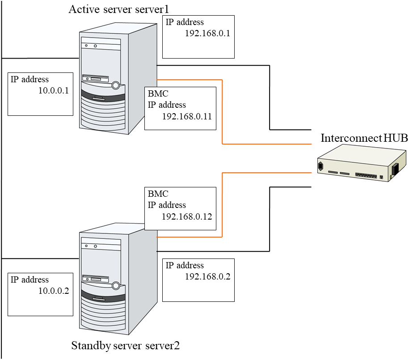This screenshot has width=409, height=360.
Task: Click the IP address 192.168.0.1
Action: pyautogui.click(x=207, y=34)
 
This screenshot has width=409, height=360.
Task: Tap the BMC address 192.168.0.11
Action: pyautogui.click(x=186, y=116)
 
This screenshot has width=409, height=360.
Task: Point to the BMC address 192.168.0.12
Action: pyautogui.click(x=186, y=216)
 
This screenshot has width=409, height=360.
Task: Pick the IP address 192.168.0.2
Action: pyautogui.click(x=207, y=276)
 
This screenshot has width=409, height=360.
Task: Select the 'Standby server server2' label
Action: pyautogui.click(x=126, y=345)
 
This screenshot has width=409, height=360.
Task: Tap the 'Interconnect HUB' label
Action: pyautogui.click(x=364, y=138)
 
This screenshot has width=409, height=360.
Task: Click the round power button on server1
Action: pyautogui.click(x=116, y=85)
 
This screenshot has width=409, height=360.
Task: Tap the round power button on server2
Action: pyautogui.click(x=116, y=285)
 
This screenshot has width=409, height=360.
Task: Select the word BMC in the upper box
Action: pyautogui.click(x=158, y=94)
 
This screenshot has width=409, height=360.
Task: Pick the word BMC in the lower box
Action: pyautogui.click(x=158, y=195)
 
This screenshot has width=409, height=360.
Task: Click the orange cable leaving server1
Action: pyautogui.click(x=222, y=112)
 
